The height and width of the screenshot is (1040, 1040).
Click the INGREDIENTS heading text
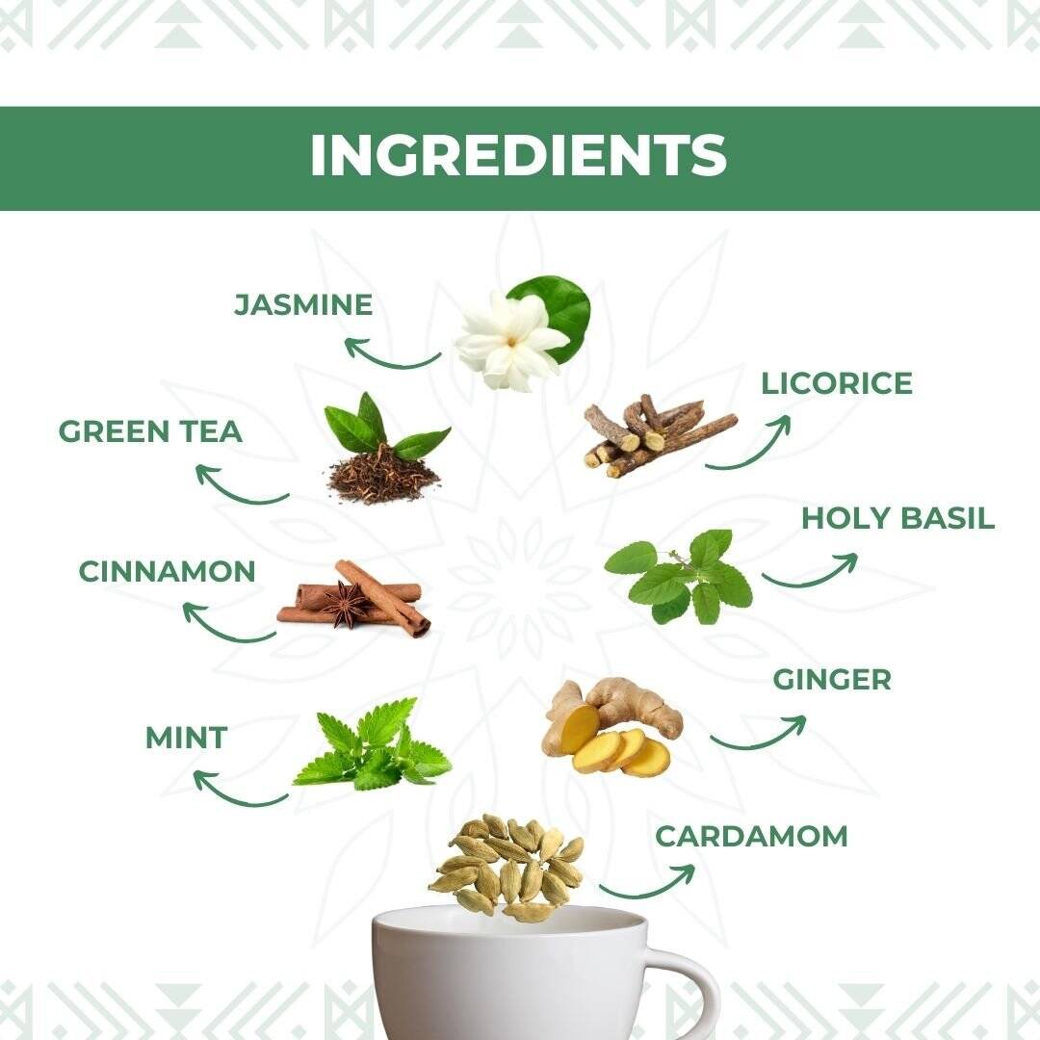(x=518, y=157)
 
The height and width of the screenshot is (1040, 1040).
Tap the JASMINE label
(x=303, y=305)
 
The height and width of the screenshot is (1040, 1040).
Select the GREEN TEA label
(x=150, y=431)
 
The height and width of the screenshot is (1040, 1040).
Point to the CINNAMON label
(x=167, y=571)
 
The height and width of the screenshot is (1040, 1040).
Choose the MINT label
(x=186, y=739)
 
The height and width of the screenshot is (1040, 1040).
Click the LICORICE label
(x=836, y=383)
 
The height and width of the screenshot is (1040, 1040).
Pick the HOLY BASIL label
(x=897, y=518)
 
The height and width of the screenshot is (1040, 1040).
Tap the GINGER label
(x=832, y=679)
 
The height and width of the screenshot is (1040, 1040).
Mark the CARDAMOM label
(x=751, y=836)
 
